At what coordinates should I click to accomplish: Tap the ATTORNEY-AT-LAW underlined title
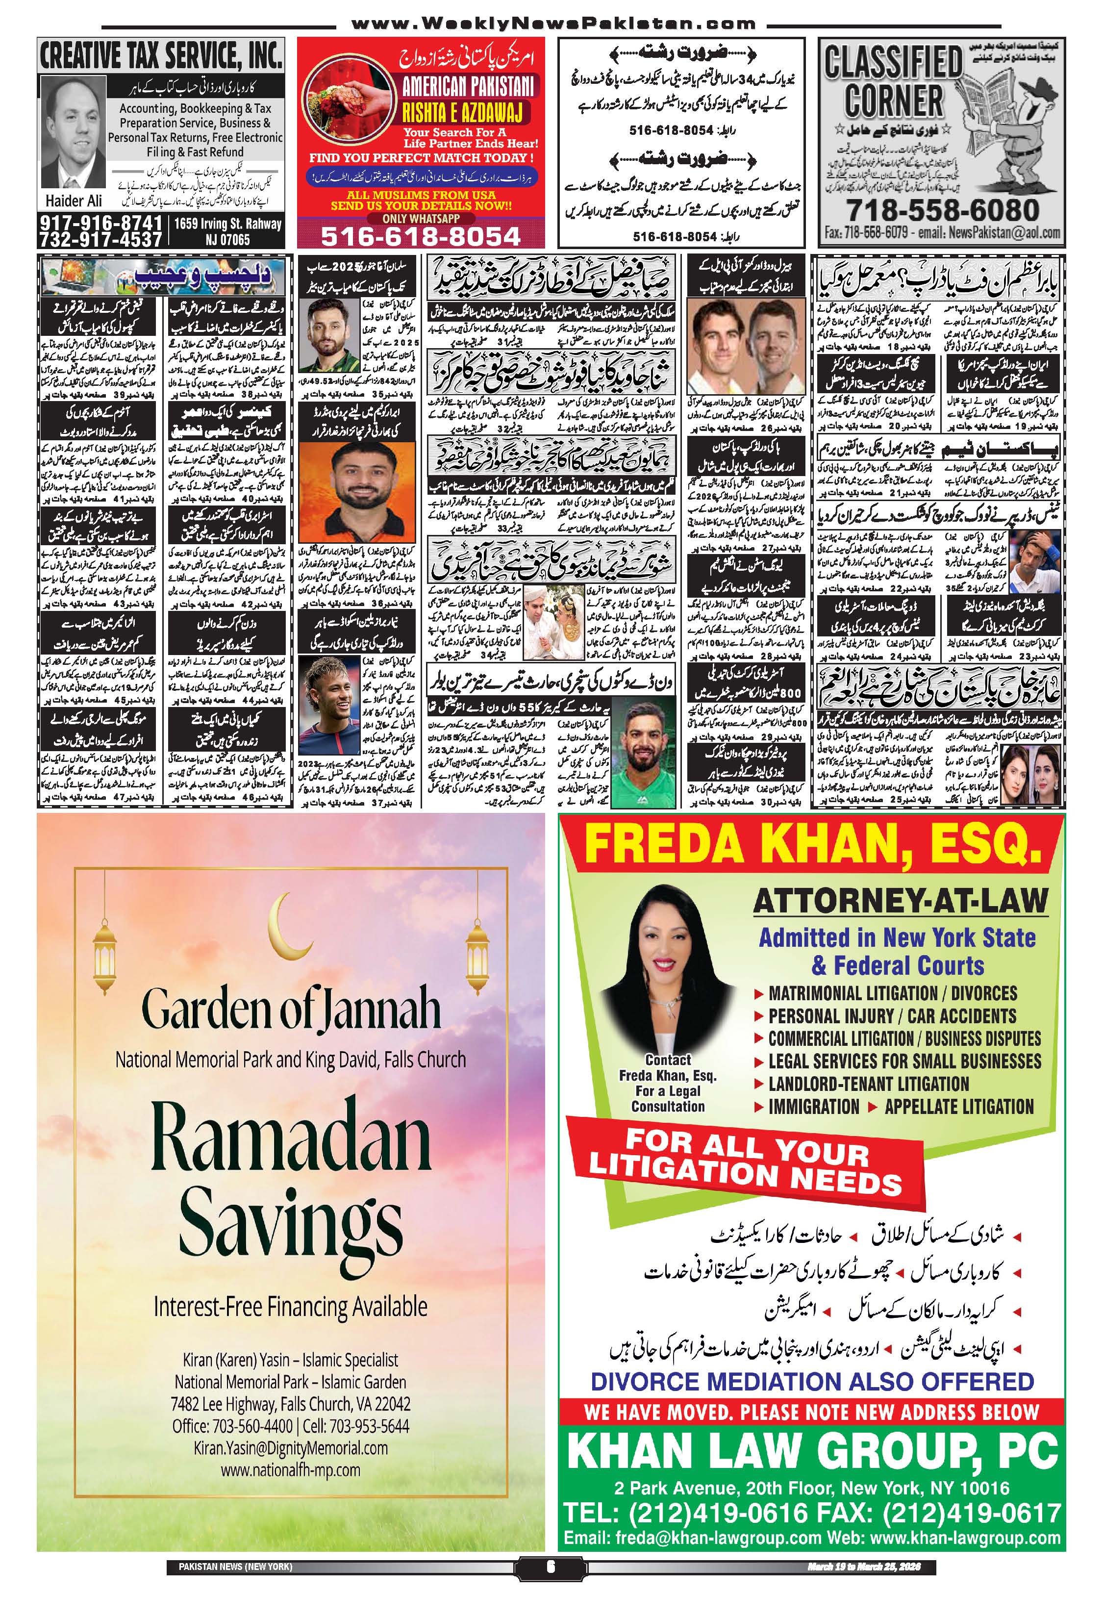pos(901,902)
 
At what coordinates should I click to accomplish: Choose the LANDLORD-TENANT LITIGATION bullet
pos(868,1084)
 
